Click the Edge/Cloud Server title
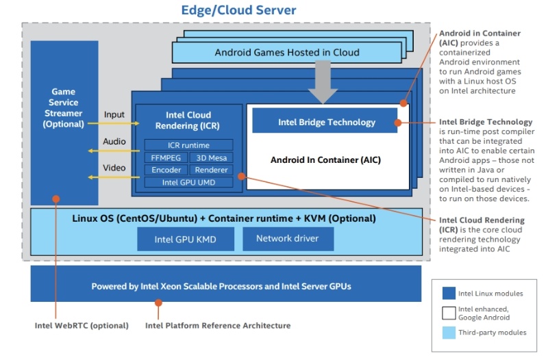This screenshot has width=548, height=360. coord(238,10)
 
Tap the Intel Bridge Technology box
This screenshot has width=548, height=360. coord(326,122)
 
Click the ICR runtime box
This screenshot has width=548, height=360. coord(188,145)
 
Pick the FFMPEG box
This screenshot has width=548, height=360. coord(166,157)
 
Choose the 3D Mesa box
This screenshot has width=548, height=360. coord(211,157)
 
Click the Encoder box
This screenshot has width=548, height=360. coord(166,170)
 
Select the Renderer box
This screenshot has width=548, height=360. coord(211,170)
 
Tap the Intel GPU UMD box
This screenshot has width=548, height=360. coord(188,182)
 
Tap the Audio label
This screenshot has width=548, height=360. coord(114,141)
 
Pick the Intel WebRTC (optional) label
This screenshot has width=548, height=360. coord(82,325)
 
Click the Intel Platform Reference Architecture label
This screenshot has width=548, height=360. coord(218,325)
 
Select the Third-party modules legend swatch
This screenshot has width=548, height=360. coord(449,333)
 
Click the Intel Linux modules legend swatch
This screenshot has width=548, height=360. coord(449,293)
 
